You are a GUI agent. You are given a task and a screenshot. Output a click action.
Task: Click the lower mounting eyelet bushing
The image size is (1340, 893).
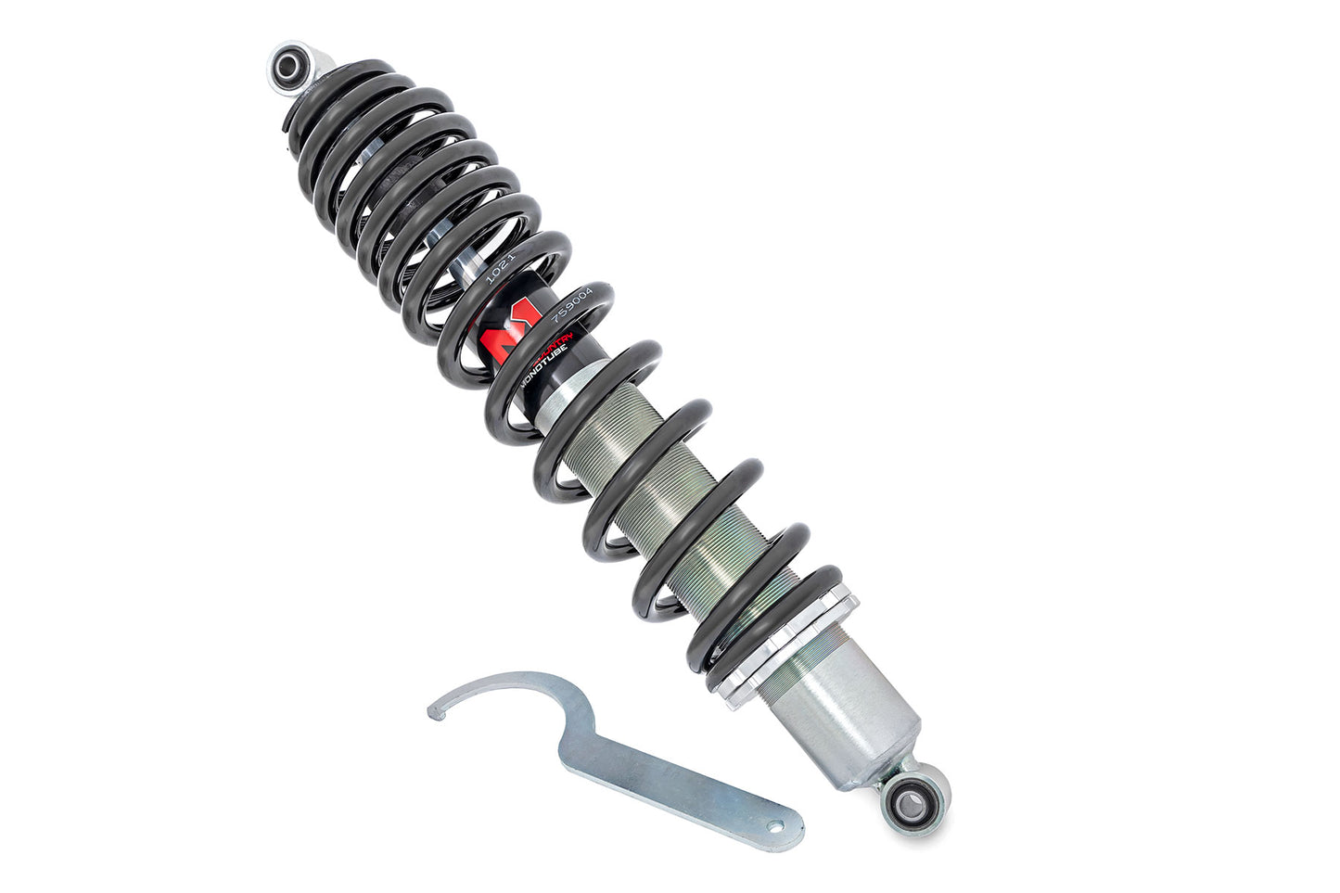click(902, 797)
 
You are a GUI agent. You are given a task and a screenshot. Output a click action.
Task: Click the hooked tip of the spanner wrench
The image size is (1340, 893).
click(433, 711)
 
